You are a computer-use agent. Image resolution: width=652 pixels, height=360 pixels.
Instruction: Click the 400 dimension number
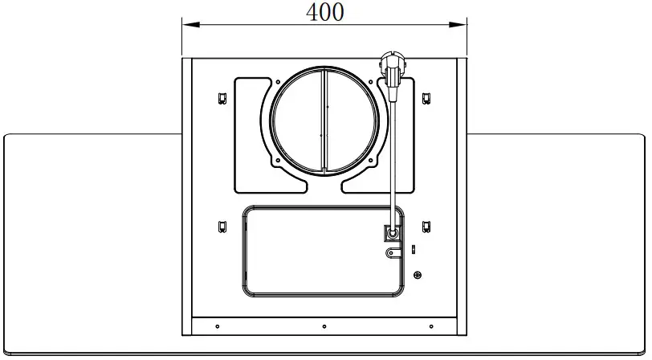[325, 12]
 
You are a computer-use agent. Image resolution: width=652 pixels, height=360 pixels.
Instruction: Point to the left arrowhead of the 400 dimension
[187, 26]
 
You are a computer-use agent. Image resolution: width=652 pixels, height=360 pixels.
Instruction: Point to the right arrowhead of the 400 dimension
[463, 26]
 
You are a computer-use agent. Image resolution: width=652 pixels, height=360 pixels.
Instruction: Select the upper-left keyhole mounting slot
[222, 98]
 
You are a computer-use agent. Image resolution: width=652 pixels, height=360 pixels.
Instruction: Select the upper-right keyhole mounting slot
[426, 98]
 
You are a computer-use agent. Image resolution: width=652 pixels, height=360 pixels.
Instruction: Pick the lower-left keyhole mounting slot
[222, 226]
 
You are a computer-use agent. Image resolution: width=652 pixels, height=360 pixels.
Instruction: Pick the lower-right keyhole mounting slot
[426, 226]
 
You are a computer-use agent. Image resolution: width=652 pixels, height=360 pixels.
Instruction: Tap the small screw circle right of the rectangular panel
[417, 276]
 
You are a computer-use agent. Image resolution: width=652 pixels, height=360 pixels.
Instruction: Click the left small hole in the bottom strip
[217, 326]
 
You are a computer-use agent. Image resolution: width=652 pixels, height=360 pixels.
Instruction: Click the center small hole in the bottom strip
[324, 326]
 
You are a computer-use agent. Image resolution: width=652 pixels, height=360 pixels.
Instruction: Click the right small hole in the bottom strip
[431, 326]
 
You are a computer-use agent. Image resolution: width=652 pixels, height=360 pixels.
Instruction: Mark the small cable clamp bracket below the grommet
[392, 252]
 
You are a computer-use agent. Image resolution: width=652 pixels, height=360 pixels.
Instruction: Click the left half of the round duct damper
[297, 121]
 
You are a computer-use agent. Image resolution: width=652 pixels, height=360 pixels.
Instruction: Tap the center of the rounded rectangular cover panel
[323, 251]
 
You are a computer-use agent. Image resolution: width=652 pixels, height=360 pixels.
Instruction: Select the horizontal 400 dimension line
[257, 26]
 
